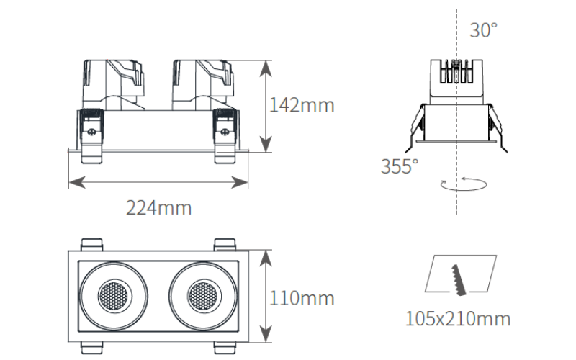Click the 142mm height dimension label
point(302,105)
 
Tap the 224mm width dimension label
point(158,208)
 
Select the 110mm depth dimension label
point(302,298)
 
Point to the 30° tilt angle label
point(483,30)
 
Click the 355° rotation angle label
point(400,166)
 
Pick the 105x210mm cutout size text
point(458,318)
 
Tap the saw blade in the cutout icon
point(459,280)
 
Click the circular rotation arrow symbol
point(464,184)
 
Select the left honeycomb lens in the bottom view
point(114,296)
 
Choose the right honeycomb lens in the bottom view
point(204,296)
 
